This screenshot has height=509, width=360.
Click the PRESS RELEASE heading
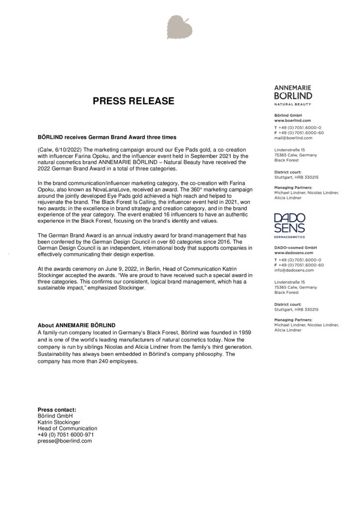[134, 101]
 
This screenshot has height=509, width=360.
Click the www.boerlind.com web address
[293, 121]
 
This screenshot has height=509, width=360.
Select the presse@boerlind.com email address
[65, 441]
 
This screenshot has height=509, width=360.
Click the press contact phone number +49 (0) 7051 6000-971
[66, 434]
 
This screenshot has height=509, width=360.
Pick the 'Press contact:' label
[57, 410]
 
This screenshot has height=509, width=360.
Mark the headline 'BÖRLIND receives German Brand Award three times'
[107, 137]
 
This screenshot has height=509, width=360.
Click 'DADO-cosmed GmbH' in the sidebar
[296, 248]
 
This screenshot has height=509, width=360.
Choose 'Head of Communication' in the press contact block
[68, 428]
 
